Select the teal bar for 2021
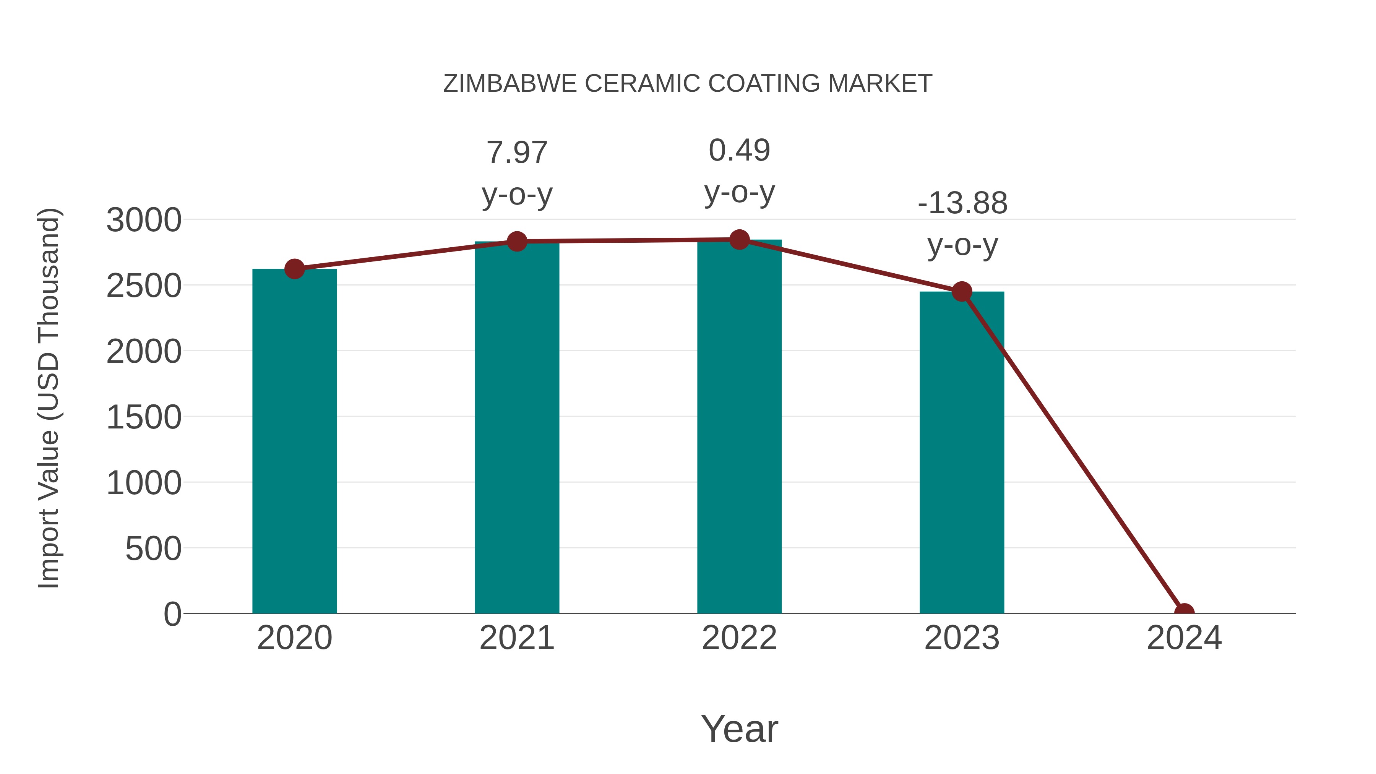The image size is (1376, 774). (516, 427)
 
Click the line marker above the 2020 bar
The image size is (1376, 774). (294, 269)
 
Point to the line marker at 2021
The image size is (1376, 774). (516, 242)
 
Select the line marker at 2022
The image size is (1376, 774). (739, 240)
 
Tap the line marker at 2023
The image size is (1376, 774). (962, 292)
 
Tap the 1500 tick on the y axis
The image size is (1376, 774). (144, 417)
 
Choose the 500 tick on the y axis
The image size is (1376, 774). (153, 548)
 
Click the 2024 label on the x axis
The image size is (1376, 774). (1184, 638)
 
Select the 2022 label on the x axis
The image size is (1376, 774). (739, 638)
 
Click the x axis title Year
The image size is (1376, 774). (739, 729)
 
